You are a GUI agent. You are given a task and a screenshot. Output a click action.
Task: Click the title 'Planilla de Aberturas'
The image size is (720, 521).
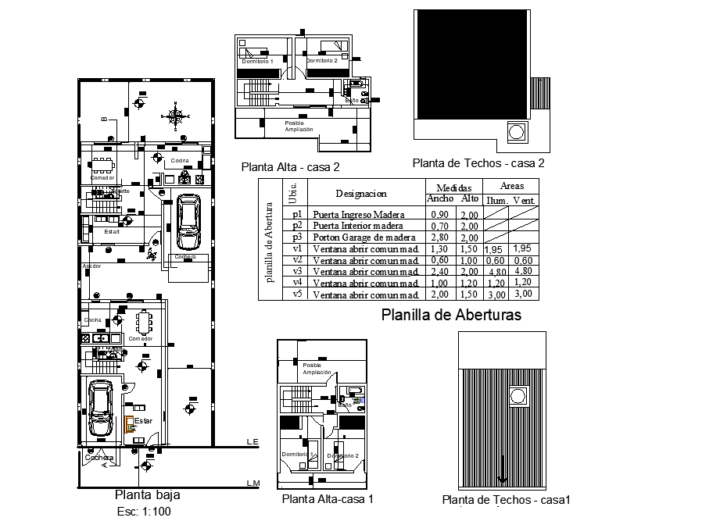451,315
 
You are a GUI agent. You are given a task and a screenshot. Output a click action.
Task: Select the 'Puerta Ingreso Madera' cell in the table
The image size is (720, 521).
359,214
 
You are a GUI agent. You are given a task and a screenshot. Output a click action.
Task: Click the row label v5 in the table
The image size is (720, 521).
297,294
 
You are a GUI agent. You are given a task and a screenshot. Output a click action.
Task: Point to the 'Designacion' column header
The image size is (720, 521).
361,193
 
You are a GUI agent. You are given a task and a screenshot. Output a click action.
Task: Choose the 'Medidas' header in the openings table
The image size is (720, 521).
453,187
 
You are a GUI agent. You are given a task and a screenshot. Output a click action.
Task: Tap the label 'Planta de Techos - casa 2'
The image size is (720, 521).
478,163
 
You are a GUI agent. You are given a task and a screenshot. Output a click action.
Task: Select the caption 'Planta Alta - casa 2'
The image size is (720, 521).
290,166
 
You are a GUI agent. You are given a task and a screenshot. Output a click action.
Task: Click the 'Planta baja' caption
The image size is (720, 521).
147,494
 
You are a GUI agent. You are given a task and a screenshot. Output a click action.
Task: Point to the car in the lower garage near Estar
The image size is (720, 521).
102,409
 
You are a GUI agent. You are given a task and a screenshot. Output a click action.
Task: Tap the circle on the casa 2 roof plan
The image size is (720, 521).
517,132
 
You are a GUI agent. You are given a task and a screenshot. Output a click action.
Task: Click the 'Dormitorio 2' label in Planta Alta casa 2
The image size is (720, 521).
321,60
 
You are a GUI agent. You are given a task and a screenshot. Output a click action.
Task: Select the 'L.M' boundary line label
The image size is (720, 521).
253,484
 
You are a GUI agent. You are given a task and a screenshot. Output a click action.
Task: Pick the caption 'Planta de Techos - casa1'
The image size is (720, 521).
507,500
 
